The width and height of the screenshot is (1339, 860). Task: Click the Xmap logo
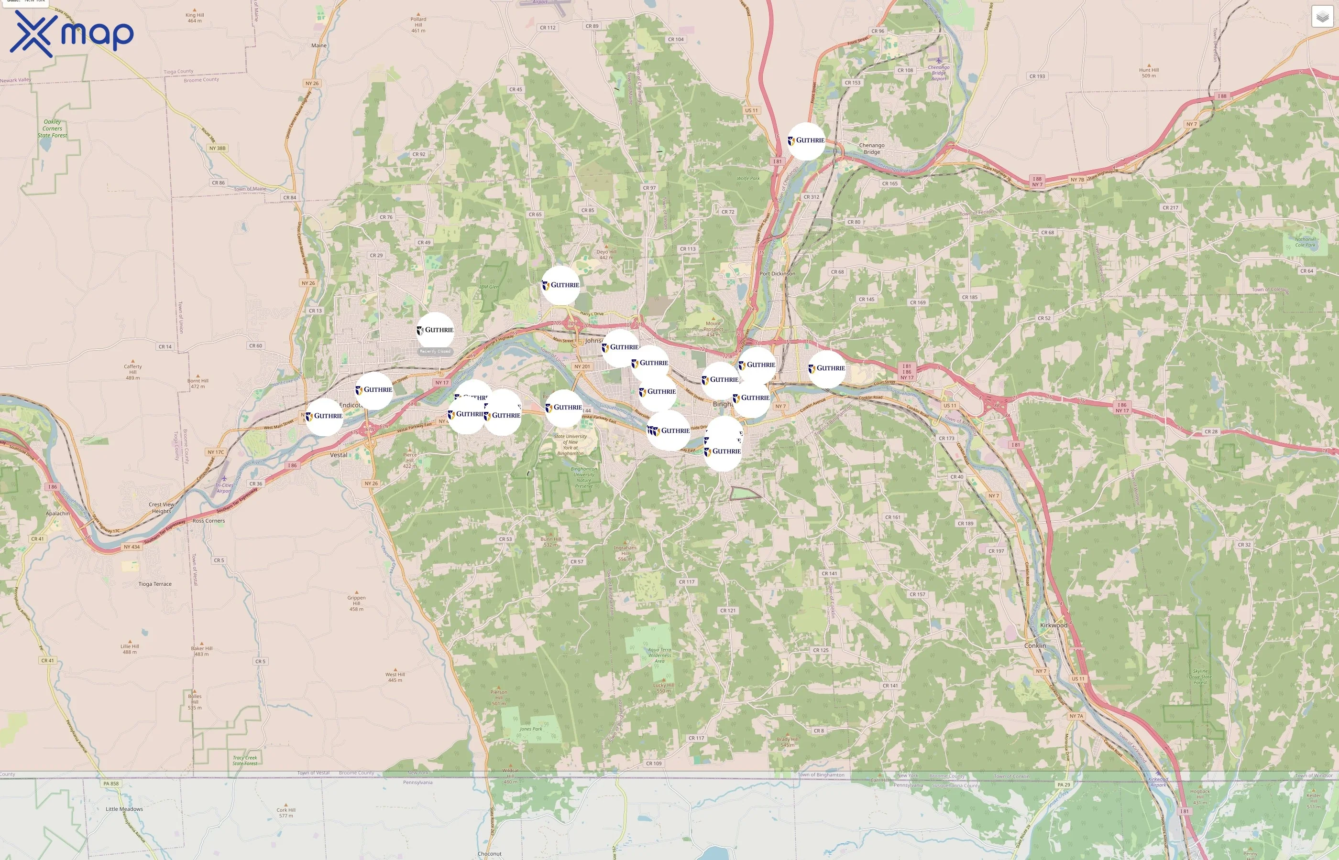click(x=72, y=34)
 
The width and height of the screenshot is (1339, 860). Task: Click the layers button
click(x=1322, y=17)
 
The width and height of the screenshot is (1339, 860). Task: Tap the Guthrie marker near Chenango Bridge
click(x=806, y=141)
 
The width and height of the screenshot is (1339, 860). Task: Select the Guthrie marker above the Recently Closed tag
click(x=435, y=330)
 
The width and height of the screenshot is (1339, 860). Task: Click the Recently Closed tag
click(x=435, y=351)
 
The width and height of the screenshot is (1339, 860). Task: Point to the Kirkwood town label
click(x=1054, y=625)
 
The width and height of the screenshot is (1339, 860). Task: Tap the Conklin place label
click(x=1035, y=645)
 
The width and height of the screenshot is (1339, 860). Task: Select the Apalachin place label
click(x=57, y=513)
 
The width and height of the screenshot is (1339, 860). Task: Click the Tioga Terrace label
click(x=155, y=584)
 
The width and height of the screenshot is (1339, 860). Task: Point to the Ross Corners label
click(x=209, y=520)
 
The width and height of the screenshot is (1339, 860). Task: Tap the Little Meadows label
click(x=124, y=808)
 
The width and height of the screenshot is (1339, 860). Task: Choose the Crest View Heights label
click(x=161, y=507)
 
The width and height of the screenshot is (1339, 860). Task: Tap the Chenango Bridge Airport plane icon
click(x=938, y=60)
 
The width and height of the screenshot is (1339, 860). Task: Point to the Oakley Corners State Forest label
click(x=52, y=129)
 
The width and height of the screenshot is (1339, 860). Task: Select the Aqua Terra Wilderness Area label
click(x=659, y=655)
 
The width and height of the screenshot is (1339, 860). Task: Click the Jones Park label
click(x=530, y=729)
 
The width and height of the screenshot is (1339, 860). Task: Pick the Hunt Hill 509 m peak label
click(x=1149, y=73)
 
